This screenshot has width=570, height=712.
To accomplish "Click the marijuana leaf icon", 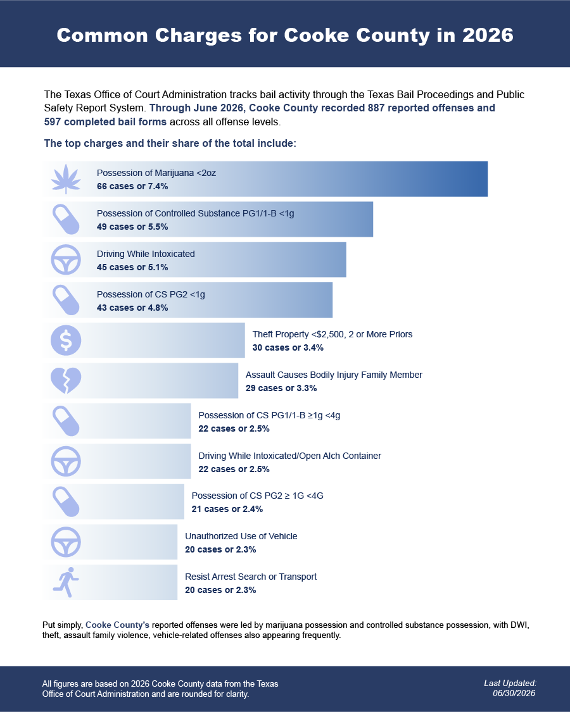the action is click(66, 179).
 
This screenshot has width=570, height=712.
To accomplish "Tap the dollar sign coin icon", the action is click(66, 340).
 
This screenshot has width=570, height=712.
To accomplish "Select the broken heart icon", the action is click(66, 380).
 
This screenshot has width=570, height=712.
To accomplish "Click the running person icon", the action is click(66, 582).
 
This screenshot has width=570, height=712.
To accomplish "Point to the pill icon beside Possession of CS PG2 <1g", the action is click(66, 300).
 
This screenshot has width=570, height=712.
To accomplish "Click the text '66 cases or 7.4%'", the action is click(132, 186).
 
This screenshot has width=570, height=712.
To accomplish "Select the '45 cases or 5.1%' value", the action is click(132, 267).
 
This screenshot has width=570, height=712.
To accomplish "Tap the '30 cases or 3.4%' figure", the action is click(288, 347).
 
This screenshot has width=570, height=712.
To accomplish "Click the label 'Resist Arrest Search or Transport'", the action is click(251, 577).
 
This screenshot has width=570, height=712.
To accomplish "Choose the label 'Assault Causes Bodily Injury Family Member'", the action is click(334, 375).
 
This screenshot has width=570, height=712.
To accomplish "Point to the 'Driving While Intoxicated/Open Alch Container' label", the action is click(290, 456).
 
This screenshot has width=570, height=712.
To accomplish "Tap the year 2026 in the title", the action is click(488, 35).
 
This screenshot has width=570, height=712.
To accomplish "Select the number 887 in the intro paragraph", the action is click(376, 108).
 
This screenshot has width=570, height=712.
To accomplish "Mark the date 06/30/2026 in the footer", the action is click(514, 694).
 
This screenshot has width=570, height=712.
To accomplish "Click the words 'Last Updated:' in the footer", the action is click(510, 683).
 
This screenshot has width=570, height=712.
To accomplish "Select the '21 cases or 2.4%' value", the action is click(227, 509).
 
